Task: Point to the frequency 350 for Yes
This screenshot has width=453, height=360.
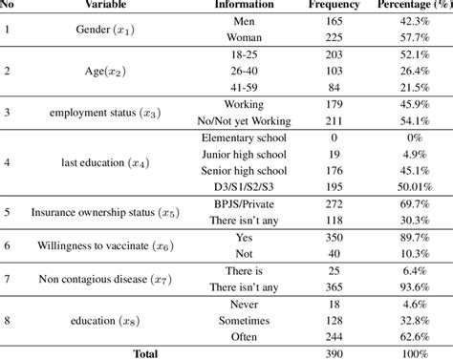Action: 334,237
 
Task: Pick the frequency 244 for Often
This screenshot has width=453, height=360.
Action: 334,335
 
